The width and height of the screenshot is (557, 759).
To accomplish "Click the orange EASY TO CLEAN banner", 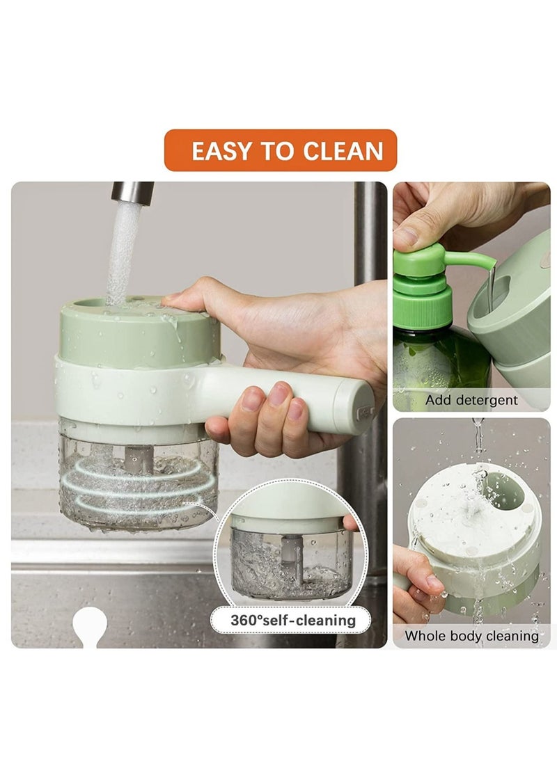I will (x=281, y=150).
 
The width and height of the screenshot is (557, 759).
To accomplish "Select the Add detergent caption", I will (x=471, y=400).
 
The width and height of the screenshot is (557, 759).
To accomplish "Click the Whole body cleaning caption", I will (x=471, y=635).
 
